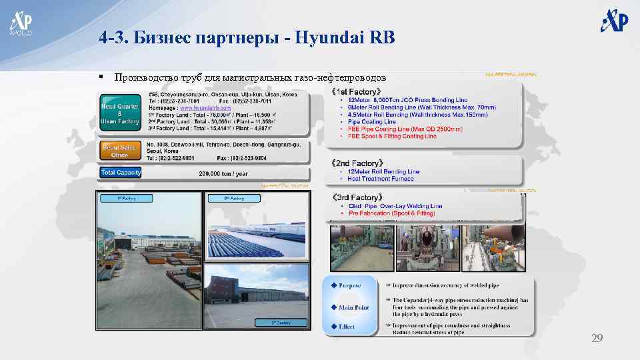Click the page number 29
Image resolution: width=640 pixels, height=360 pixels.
[597, 339]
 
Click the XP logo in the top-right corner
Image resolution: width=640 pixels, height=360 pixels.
[614, 21]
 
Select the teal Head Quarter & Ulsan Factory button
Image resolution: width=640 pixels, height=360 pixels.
[120, 114]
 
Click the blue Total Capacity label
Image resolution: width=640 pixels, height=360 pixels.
[121, 173]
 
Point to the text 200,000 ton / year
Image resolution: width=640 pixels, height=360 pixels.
[223, 173]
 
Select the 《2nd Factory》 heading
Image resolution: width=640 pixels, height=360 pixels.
[357, 163]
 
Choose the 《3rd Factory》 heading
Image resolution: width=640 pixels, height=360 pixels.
[357, 198]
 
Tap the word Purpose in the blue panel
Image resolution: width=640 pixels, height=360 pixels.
[349, 286]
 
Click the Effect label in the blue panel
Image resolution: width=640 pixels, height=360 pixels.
[346, 327]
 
